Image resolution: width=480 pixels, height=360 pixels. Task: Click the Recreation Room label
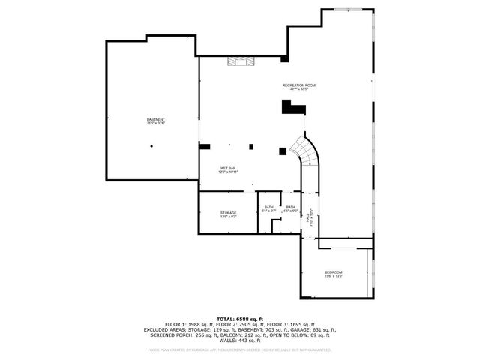(298, 85)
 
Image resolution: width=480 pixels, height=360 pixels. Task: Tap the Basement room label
(156, 120)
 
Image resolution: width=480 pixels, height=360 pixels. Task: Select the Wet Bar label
(228, 168)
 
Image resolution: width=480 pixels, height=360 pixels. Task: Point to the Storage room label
(228, 213)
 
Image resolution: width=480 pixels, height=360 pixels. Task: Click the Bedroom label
(334, 271)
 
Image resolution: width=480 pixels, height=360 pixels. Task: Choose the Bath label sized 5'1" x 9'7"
(268, 208)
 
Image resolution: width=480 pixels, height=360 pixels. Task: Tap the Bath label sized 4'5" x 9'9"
(290, 208)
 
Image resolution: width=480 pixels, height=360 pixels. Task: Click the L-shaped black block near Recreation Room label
(293, 108)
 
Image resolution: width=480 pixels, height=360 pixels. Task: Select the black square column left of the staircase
(282, 151)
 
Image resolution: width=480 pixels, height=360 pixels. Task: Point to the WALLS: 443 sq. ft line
(240, 341)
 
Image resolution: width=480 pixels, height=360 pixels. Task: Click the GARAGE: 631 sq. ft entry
(314, 330)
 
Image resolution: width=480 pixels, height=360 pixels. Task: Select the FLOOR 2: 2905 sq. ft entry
(229, 324)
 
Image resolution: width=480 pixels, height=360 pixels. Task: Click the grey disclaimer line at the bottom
(240, 349)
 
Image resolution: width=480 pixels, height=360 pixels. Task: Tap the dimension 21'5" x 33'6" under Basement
(156, 124)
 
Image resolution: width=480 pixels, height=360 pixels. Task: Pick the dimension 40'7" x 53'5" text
(298, 89)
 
